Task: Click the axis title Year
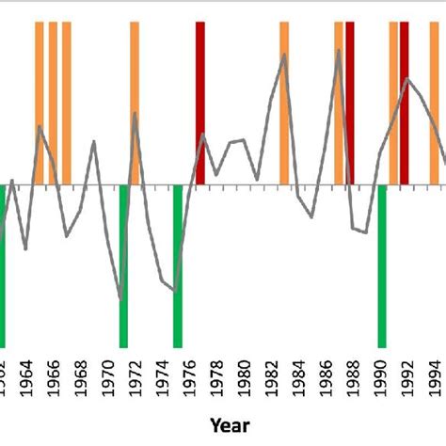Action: (230, 425)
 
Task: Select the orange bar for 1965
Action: (40, 104)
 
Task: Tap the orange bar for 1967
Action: (67, 104)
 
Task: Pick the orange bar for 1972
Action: (135, 104)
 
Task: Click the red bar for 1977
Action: (200, 104)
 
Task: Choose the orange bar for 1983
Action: (284, 104)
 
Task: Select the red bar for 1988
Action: (350, 104)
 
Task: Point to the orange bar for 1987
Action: (339, 104)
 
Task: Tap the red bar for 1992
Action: (405, 104)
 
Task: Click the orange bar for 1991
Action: (393, 104)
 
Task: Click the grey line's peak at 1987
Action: (339, 50)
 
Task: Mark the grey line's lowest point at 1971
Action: (122, 299)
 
